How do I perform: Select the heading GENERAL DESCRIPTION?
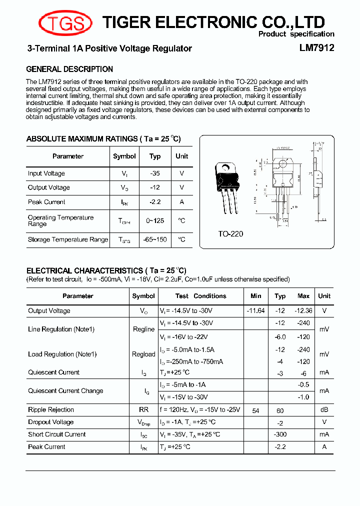point(69,69)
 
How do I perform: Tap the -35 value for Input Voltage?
point(155,173)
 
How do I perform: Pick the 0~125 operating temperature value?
point(155,220)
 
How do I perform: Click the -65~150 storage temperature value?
point(155,239)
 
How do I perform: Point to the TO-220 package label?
point(230,233)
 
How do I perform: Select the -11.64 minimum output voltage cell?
point(255,310)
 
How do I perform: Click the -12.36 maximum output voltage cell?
point(303,310)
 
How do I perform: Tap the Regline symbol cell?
point(143,329)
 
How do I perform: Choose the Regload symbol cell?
point(143,354)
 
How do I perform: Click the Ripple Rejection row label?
point(51,409)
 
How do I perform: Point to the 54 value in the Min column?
point(255,410)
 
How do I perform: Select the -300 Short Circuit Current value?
point(280,434)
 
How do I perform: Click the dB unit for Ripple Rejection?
point(324,409)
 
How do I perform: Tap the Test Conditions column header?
point(200,296)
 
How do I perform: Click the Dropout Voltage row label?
point(50,422)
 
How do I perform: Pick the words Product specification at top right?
point(296,34)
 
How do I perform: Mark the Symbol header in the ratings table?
point(124,156)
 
